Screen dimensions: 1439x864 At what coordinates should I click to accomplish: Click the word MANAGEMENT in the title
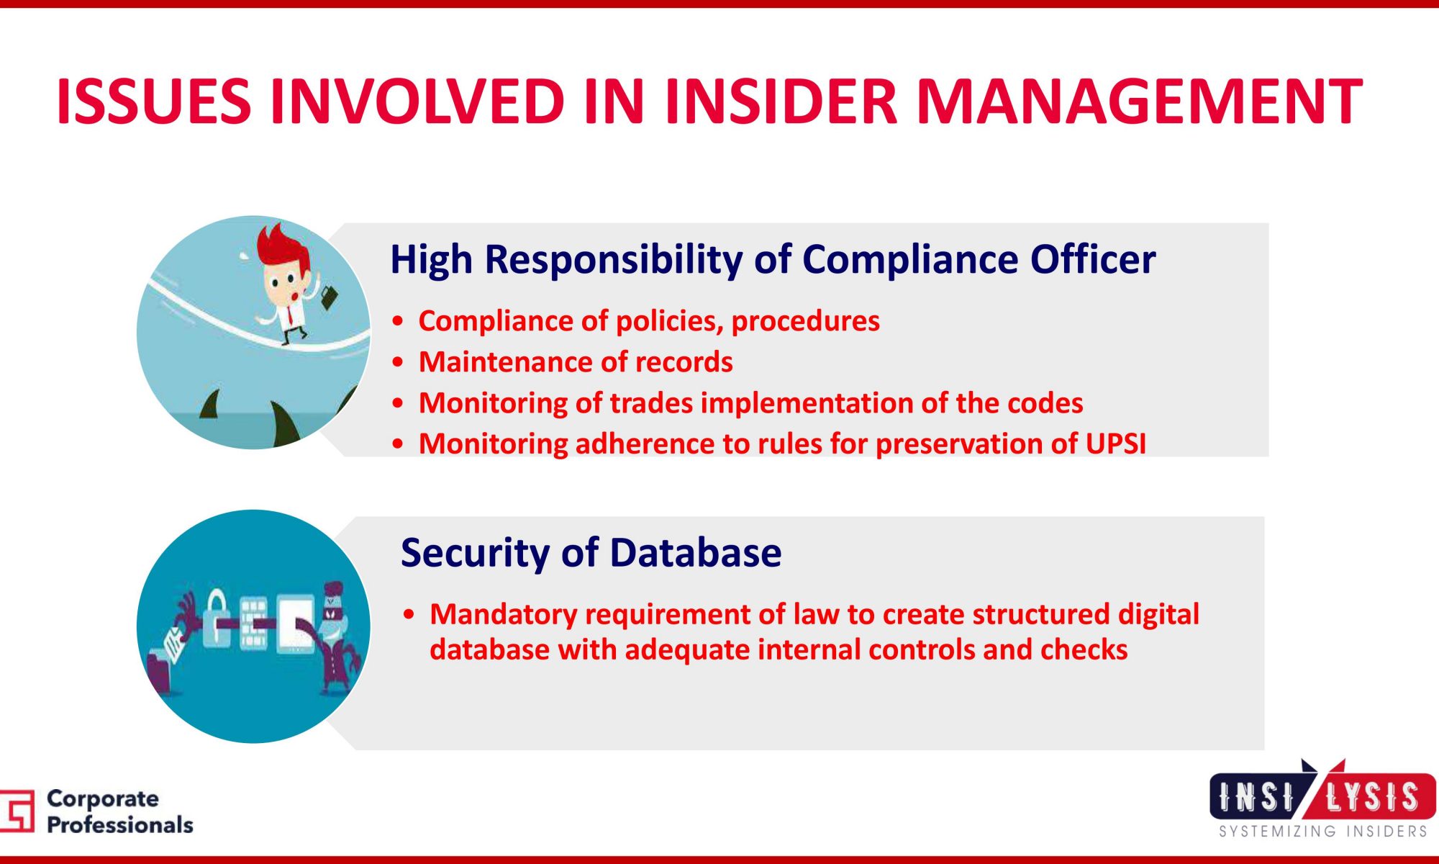click(1140, 101)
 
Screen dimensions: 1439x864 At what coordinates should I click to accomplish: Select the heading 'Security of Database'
click(591, 553)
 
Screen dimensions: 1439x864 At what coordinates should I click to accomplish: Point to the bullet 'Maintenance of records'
click(576, 361)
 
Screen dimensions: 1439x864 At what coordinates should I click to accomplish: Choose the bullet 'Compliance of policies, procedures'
click(649, 321)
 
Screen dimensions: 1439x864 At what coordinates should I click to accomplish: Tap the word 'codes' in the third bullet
click(1045, 403)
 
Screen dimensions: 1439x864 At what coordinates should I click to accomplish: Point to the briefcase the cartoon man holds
click(329, 297)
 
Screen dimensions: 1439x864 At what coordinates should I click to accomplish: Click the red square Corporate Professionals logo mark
click(17, 811)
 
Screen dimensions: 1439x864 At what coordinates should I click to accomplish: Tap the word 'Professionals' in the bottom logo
click(120, 825)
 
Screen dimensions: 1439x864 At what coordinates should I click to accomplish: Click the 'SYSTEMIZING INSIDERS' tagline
click(1322, 832)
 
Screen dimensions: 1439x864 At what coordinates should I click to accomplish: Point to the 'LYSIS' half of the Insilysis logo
click(1372, 798)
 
